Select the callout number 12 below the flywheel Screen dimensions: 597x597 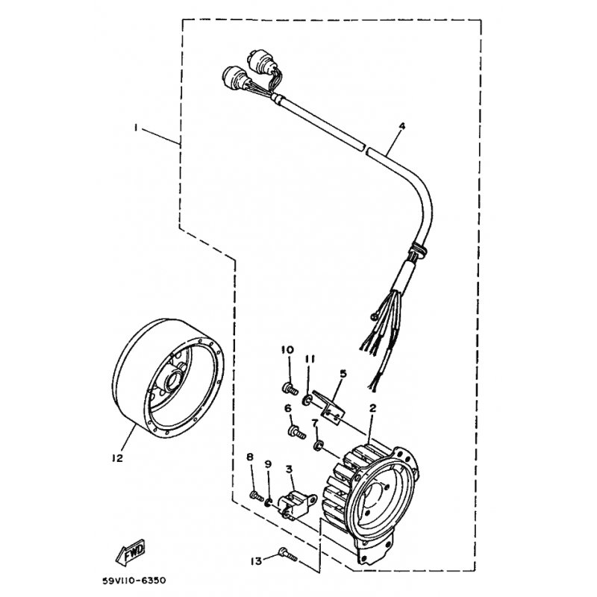pyautogui.click(x=118, y=458)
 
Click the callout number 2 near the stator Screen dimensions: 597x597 pyautogui.click(x=372, y=408)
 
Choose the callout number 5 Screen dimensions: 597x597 pyautogui.click(x=343, y=374)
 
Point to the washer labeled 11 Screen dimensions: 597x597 pyautogui.click(x=307, y=400)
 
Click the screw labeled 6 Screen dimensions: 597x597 pyautogui.click(x=296, y=431)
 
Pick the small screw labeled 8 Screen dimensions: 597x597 pyautogui.click(x=257, y=496)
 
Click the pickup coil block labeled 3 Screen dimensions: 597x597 pyautogui.click(x=298, y=504)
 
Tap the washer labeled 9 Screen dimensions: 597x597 pyautogui.click(x=269, y=503)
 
